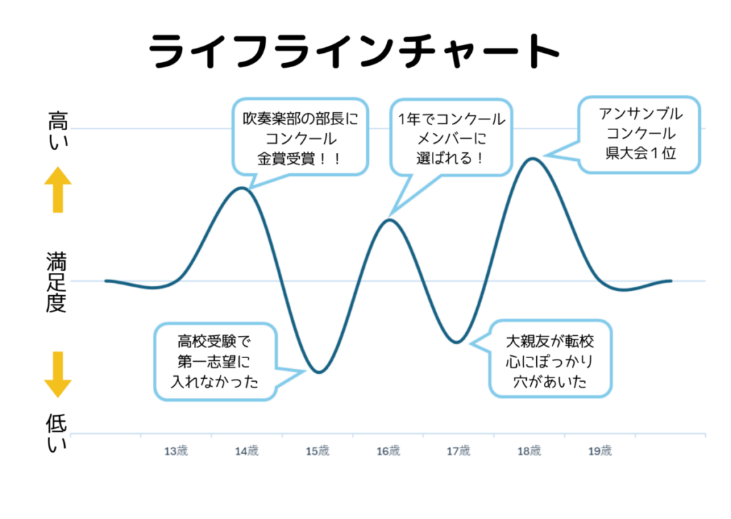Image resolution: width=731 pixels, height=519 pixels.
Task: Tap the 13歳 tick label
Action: (x=176, y=451)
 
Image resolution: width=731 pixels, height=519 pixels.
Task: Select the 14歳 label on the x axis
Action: (x=246, y=451)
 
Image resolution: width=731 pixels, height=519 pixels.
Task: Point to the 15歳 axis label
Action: (x=317, y=451)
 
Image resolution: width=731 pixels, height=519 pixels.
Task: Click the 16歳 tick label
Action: (x=388, y=451)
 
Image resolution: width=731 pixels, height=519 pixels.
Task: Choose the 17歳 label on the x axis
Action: (x=458, y=451)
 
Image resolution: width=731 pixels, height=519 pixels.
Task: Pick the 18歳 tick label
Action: (x=529, y=451)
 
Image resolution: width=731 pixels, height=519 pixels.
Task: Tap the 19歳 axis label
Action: (x=600, y=451)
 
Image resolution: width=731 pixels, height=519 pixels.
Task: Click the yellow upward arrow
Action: (x=58, y=190)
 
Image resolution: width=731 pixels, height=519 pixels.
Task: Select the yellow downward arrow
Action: (x=58, y=374)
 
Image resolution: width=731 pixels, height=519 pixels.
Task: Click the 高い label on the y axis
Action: (x=57, y=128)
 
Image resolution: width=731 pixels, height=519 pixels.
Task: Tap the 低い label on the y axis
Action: (x=57, y=432)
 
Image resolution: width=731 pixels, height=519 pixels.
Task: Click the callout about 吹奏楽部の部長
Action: (x=299, y=136)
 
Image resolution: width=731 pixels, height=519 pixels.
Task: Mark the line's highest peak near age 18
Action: (x=530, y=158)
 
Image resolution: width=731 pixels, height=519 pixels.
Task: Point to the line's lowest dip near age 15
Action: (x=318, y=372)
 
